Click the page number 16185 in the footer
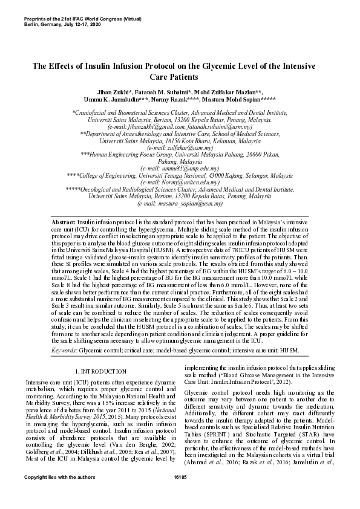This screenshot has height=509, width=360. pos(180,495)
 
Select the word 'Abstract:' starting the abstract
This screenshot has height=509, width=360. pos(64,222)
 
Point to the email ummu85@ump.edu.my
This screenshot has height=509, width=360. pos(180,168)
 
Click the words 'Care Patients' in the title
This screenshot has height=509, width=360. pos(180,77)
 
